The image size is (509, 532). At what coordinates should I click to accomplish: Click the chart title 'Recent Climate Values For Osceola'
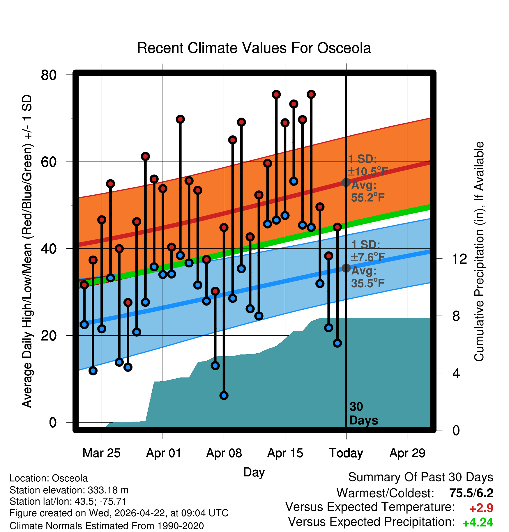[x=254, y=48]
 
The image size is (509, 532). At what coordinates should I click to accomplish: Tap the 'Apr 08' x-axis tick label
[x=224, y=453]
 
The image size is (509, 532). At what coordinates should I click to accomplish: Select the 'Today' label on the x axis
[x=346, y=453]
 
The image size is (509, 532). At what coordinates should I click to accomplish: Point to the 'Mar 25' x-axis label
[x=101, y=453]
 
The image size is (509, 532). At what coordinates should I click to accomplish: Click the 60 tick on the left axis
[x=49, y=162]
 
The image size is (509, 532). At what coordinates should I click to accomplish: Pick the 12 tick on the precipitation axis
[x=459, y=259]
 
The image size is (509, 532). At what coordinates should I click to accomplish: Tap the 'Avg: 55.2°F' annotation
[x=367, y=191]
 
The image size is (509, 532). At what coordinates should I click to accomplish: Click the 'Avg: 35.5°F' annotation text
[x=367, y=277]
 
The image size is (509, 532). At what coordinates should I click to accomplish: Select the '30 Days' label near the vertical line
[x=363, y=414]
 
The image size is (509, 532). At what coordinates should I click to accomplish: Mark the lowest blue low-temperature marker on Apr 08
[x=224, y=396]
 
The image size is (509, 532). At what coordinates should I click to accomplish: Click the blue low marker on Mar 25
[x=102, y=329]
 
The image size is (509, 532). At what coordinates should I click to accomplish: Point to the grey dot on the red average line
[x=346, y=182]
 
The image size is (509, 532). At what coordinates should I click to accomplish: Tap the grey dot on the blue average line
[x=346, y=268]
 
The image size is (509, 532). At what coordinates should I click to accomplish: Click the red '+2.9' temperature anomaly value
[x=481, y=508]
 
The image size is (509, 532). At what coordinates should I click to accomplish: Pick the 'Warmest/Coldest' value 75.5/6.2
[x=471, y=493]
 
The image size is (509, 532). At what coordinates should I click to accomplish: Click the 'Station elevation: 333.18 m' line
[x=69, y=490]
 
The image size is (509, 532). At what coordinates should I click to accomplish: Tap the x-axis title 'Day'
[x=254, y=472]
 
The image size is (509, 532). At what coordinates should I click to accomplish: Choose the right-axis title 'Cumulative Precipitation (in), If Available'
[x=479, y=251]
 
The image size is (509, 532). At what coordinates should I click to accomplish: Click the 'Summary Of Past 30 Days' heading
[x=421, y=477]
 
